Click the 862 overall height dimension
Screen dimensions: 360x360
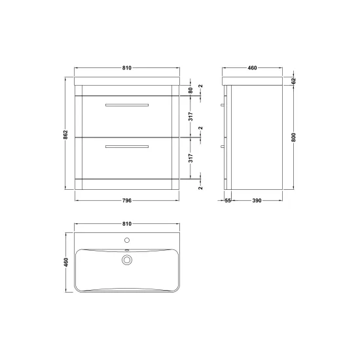tap(65, 135)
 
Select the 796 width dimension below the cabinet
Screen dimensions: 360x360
tap(127, 200)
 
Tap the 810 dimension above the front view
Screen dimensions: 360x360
tap(127, 68)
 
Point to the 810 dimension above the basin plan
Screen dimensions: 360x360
tap(127, 224)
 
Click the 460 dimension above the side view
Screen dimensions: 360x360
tap(252, 68)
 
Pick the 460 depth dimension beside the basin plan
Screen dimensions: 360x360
tap(66, 262)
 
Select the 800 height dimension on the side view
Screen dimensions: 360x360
tap(294, 137)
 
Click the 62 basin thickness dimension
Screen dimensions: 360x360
tap(294, 81)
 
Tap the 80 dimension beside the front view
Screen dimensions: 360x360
tap(190, 90)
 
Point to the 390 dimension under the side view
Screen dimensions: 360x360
tap(257, 200)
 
